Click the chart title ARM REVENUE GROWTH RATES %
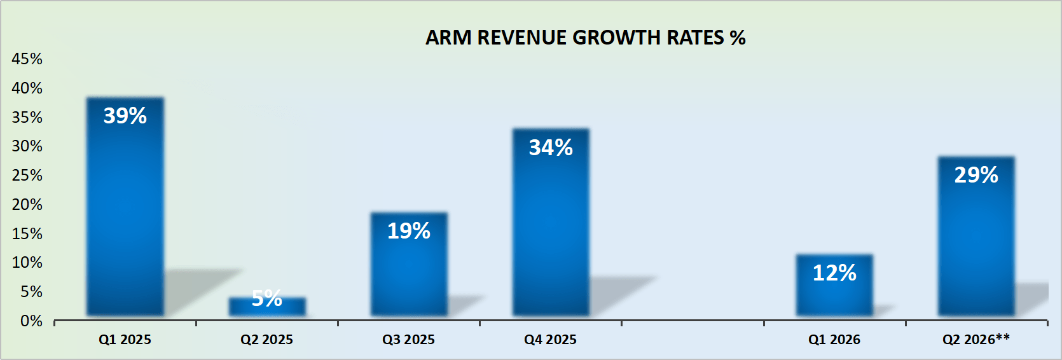point(585,38)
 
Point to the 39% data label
point(125,116)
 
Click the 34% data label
point(551,148)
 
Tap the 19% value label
point(409,231)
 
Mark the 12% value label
point(834,273)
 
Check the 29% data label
point(976,175)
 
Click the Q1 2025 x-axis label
point(125,340)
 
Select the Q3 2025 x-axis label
point(409,340)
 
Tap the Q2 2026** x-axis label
point(976,340)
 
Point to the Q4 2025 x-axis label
point(551,340)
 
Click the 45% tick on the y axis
point(27,59)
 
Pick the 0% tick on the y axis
point(31,321)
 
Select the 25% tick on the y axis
point(27,176)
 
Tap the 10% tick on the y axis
point(27,263)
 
